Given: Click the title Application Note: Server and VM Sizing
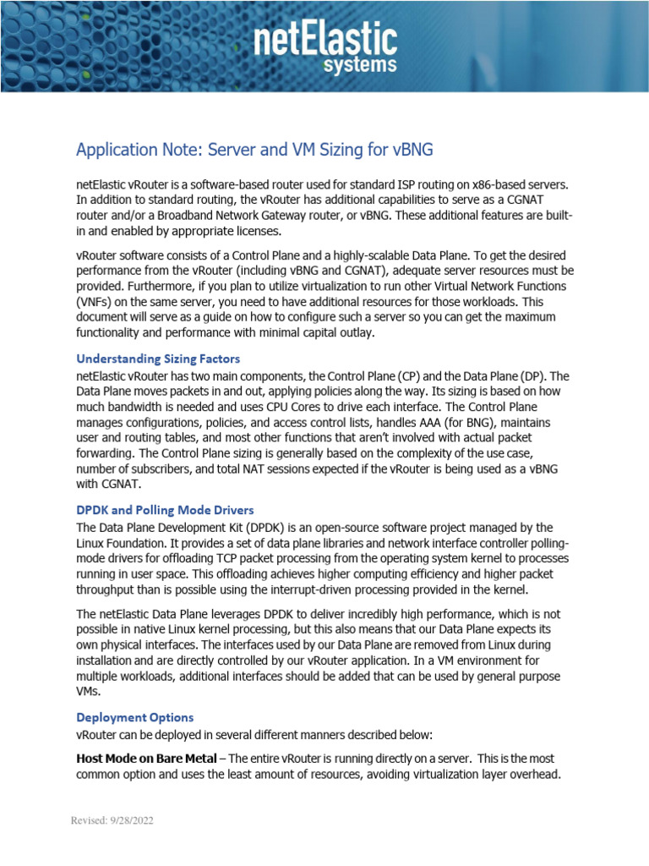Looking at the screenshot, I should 254,151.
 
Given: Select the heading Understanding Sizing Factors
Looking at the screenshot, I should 158,359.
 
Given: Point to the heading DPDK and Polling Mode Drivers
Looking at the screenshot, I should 165,511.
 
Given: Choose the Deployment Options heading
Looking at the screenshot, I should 134,717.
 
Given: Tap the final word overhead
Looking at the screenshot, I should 530,775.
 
